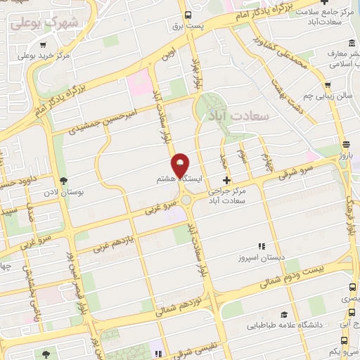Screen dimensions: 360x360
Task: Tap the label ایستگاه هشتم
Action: [x=179, y=180]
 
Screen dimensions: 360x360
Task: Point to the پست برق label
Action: [x=187, y=26]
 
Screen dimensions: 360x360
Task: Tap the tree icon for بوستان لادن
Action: [x=64, y=181]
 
